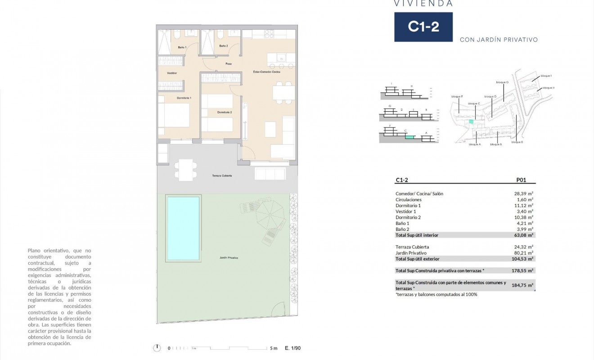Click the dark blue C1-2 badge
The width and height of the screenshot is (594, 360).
coord(423,27)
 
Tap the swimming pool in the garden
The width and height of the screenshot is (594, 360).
coord(183,229)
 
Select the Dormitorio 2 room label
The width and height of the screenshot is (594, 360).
coord(224,112)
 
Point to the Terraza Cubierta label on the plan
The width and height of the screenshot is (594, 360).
coord(222,175)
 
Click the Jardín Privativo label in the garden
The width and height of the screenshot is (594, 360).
coord(229,258)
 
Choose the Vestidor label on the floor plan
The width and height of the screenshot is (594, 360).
coord(172,73)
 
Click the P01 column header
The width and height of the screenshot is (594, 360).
coord(520,180)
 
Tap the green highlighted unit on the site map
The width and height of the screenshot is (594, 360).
coord(471,121)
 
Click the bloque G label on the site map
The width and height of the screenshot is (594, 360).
coord(502,82)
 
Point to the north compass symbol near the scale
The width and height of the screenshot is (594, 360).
coord(157,348)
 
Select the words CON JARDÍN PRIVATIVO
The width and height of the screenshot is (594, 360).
coord(499,40)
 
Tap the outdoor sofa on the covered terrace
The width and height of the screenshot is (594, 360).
coord(270,174)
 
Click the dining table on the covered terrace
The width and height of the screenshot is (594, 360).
coord(185,170)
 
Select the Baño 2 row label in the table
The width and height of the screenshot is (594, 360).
coord(402,229)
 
